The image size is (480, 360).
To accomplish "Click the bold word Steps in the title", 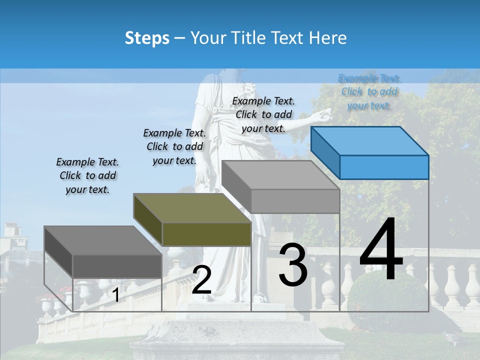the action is click(146, 38).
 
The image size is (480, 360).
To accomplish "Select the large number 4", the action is click(381, 250).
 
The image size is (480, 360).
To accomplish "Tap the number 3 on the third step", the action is click(293, 264).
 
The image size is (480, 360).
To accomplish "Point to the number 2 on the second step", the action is click(201, 280).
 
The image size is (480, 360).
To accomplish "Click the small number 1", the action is click(115, 295).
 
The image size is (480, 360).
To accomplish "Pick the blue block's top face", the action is click(370, 140).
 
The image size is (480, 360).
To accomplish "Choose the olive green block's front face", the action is click(206, 234).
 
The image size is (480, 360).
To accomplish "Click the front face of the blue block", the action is click(384, 167).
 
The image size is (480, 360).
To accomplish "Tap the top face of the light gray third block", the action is click(280, 175).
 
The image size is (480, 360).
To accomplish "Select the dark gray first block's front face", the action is click(117, 266).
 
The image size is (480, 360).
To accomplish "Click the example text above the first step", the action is click(87, 175).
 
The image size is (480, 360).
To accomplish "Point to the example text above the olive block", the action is click(174, 146).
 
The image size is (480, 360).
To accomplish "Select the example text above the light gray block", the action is click(263, 114).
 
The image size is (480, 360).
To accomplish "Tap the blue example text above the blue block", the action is click(369, 91).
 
